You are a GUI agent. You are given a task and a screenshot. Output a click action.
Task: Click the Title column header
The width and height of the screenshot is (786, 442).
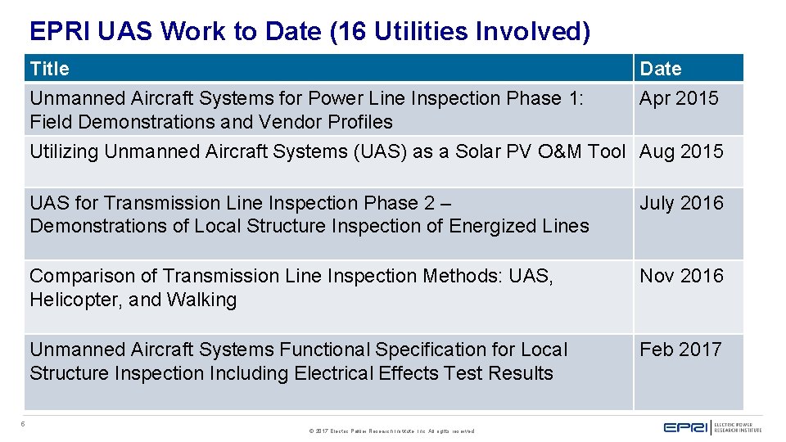[x=50, y=69]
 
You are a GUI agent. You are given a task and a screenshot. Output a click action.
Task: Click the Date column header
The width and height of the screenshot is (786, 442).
[x=660, y=69]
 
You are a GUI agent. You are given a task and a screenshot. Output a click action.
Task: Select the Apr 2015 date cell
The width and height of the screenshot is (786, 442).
[x=679, y=98]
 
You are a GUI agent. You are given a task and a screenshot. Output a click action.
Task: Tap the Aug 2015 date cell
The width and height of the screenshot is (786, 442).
[x=681, y=151]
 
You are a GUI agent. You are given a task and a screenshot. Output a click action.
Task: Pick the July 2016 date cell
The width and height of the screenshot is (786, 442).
[x=681, y=203]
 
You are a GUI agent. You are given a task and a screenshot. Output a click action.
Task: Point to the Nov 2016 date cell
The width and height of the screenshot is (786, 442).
[x=681, y=276]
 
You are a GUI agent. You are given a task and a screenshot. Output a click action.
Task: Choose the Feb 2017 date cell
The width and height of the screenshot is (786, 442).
[x=680, y=350]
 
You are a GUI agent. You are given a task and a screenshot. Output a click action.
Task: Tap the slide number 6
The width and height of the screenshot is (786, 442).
[x=24, y=424]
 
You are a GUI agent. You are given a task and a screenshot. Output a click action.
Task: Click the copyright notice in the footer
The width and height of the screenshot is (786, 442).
[x=392, y=431]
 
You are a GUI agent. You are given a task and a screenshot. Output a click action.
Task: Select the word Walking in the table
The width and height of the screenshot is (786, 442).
[x=201, y=300]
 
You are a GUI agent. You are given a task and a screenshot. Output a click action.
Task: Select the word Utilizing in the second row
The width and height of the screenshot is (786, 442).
[x=65, y=151]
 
